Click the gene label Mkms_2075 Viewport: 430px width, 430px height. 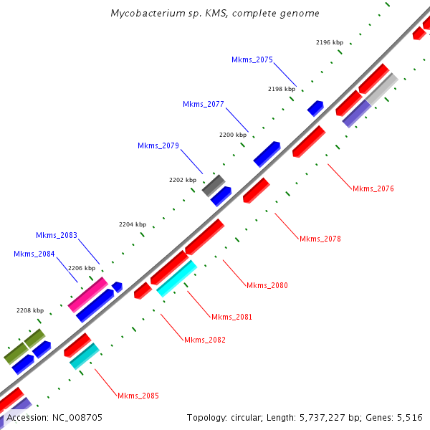click(x=252, y=59)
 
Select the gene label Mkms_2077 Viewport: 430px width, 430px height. click(x=204, y=104)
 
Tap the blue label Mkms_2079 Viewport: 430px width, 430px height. click(x=158, y=145)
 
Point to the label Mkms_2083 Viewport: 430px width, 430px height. click(x=57, y=235)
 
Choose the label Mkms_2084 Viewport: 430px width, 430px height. click(x=34, y=254)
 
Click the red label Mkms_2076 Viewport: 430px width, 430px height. click(x=373, y=188)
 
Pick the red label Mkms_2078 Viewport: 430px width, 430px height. click(x=320, y=239)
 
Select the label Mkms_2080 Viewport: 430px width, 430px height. click(x=267, y=285)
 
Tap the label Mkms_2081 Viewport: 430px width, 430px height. click(x=231, y=317)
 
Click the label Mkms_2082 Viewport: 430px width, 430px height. click(x=205, y=340)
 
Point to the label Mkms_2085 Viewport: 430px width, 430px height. click(x=138, y=396)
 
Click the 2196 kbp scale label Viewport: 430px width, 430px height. click(x=330, y=43)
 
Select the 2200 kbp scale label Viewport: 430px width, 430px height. click(x=232, y=134)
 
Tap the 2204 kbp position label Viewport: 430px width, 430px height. click(x=133, y=224)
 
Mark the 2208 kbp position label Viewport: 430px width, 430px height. click(x=30, y=310)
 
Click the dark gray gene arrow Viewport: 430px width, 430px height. click(x=214, y=186)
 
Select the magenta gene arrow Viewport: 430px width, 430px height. click(x=87, y=294)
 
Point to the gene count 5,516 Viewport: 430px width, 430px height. click(x=408, y=417)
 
